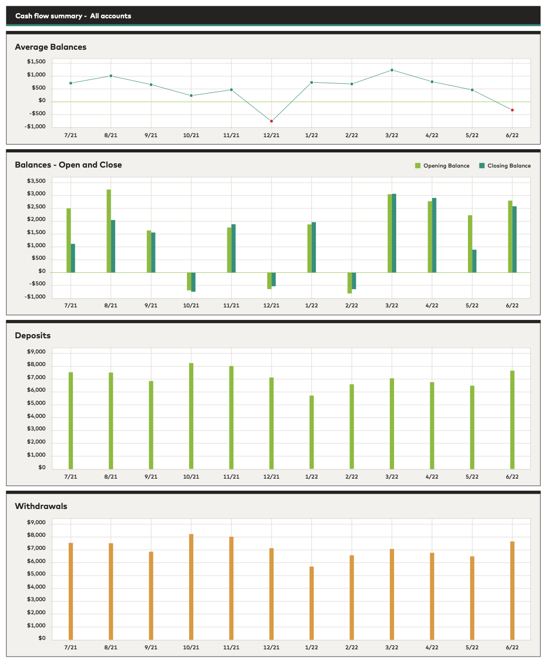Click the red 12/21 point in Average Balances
coord(271,121)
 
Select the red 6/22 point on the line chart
coord(512,110)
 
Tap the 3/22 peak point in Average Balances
coord(392,70)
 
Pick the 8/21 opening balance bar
coord(109,230)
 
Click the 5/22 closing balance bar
coord(474,261)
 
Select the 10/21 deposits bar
coord(191,416)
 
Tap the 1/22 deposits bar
coord(312,432)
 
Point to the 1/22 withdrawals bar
coord(312,603)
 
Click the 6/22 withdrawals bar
coord(512,590)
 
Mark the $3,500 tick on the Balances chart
coord(36,181)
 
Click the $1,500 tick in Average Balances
coord(36,62)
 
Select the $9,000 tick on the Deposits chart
coord(36,351)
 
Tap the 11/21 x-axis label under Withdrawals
coord(231,647)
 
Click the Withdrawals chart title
coord(41,506)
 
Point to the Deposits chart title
coord(32,335)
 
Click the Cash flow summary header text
coord(73,16)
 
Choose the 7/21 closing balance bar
coord(73,258)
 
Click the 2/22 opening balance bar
coord(350,283)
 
